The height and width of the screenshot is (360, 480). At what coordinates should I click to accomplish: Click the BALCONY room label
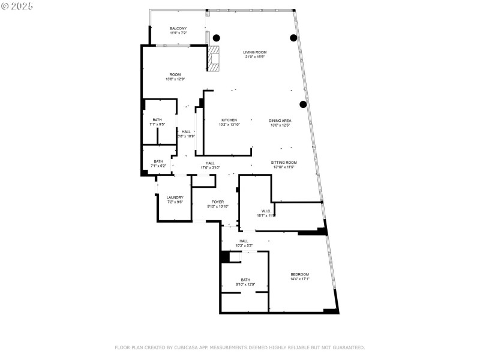click(x=178, y=29)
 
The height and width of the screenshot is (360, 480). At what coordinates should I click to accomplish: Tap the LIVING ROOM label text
click(x=254, y=53)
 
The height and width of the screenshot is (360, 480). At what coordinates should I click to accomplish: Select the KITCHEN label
click(x=229, y=120)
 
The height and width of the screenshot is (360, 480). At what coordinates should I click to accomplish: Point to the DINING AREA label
click(x=280, y=121)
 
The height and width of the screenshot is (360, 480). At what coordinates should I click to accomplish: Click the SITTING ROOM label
click(x=284, y=163)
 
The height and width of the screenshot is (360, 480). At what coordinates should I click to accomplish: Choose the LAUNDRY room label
click(x=175, y=197)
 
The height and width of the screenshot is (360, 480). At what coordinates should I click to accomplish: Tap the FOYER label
click(x=217, y=202)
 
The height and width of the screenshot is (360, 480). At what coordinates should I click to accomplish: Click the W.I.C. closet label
click(x=266, y=211)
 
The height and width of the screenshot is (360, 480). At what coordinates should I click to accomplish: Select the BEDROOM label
click(x=300, y=274)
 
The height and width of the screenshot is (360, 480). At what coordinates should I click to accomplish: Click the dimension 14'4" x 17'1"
click(x=300, y=279)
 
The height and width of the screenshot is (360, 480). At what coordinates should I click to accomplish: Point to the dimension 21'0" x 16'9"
click(x=254, y=58)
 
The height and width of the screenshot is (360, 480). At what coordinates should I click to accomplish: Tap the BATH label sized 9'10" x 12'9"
click(x=245, y=280)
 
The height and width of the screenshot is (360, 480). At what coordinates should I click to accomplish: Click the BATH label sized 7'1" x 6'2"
click(x=158, y=161)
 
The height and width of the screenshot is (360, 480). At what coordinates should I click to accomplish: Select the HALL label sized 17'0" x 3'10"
click(x=210, y=163)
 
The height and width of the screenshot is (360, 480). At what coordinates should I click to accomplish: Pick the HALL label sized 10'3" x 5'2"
click(x=244, y=241)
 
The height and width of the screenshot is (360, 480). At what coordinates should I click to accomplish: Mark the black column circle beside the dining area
click(x=303, y=104)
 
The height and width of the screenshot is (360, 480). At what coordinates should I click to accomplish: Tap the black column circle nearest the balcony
click(x=216, y=37)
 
